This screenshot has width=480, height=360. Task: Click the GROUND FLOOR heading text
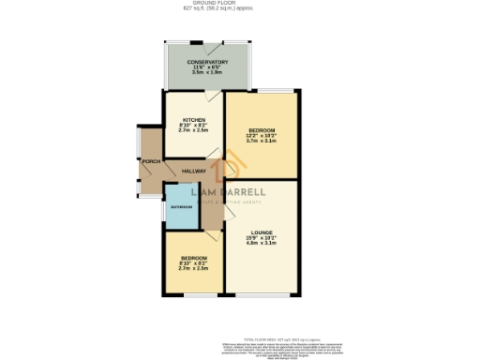tap(239, 4)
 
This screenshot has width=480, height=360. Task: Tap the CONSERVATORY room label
tap(201, 62)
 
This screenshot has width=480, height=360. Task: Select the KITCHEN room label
tap(193, 120)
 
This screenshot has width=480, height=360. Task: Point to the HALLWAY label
tap(193, 171)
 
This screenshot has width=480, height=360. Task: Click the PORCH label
tap(149, 161)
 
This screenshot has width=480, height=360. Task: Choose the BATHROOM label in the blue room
tap(180, 206)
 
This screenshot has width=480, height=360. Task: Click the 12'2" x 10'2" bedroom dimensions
tap(262, 136)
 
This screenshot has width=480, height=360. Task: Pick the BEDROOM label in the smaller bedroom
tap(193, 257)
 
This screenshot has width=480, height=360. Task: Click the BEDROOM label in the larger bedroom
tap(262, 129)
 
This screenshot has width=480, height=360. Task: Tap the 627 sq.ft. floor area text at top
tap(239, 9)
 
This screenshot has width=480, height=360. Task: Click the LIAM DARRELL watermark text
tap(229, 192)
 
